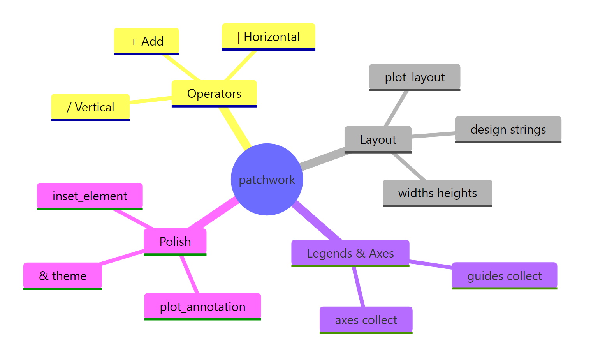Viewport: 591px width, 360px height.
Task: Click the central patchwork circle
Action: point(267,179)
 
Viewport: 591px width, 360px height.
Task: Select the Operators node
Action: point(214,94)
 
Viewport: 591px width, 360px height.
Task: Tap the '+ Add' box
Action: point(146,41)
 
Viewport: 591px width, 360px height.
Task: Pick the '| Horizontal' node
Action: point(268,37)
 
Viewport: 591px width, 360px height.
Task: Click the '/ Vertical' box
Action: point(90,107)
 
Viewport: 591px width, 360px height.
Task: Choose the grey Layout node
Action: point(378,139)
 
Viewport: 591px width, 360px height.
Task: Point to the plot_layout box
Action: point(415,77)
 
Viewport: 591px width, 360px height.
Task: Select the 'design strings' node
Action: point(508,129)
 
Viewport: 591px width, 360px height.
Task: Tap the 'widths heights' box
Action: point(437,193)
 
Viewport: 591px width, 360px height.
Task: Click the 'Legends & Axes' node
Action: point(350,253)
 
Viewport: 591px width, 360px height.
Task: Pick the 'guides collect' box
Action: point(504,276)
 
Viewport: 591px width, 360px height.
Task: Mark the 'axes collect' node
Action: point(366,320)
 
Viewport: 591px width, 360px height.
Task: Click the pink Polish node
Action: point(175,242)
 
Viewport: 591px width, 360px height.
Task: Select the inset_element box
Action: point(90,196)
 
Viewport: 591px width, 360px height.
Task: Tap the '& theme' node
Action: point(62,276)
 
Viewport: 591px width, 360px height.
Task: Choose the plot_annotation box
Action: point(202,307)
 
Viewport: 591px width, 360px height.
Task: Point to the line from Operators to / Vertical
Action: point(151,100)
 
